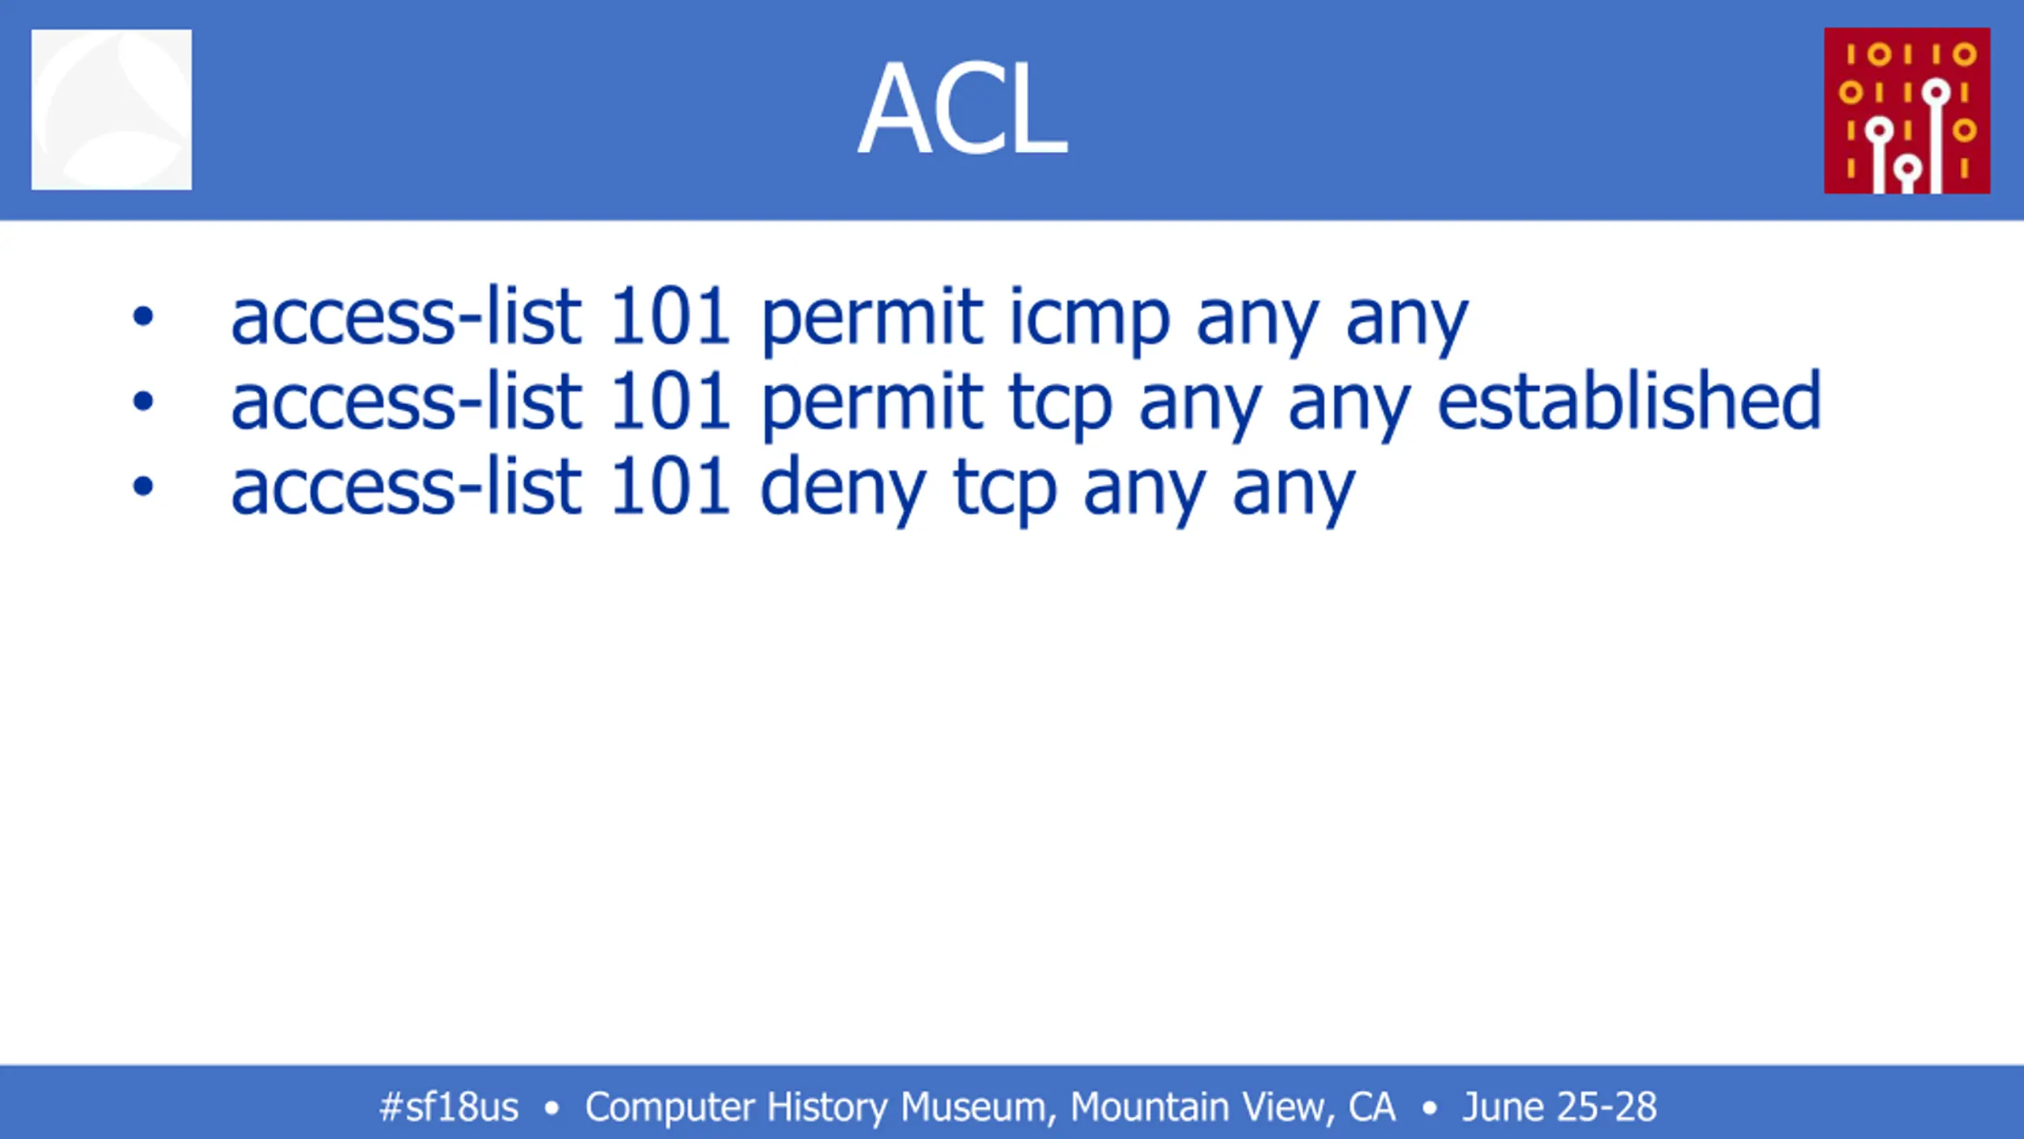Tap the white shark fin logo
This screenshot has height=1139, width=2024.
tap(111, 109)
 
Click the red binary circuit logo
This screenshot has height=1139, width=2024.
tap(1907, 111)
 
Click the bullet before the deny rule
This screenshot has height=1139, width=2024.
tap(143, 486)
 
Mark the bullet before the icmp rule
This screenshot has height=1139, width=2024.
tap(143, 317)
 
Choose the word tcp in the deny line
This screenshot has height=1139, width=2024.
tap(1006, 491)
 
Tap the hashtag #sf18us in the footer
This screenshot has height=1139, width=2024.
tap(449, 1107)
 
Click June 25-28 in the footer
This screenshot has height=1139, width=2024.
tap(1559, 1107)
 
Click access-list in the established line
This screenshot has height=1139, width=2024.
tap(406, 402)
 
